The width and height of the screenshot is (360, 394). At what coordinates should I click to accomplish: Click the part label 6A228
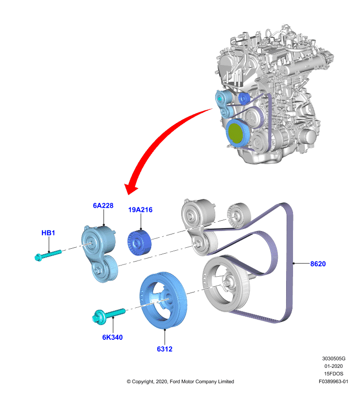point(103,205)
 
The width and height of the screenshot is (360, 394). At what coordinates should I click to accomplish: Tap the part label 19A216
point(140,210)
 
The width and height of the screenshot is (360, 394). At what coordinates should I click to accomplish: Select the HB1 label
point(48,233)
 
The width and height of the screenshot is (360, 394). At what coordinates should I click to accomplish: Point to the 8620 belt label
point(318,264)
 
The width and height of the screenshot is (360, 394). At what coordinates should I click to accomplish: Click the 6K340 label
point(112,337)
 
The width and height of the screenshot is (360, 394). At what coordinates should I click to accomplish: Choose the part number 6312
point(164,349)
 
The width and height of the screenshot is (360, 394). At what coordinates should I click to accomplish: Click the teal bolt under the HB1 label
point(48,255)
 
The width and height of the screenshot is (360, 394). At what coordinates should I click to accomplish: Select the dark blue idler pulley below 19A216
point(139,242)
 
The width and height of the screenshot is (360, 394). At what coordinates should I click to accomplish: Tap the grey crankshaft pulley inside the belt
point(226,284)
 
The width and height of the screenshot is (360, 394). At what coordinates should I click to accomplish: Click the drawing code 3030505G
point(333,359)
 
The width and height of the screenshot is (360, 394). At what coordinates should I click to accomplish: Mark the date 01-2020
point(333,366)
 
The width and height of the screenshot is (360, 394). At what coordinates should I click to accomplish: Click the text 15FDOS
point(333,374)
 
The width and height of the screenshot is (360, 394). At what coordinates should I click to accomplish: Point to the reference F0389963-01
point(333,381)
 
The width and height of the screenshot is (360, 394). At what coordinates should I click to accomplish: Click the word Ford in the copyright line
point(175,381)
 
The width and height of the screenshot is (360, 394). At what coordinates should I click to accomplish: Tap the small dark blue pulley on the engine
point(243,98)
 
